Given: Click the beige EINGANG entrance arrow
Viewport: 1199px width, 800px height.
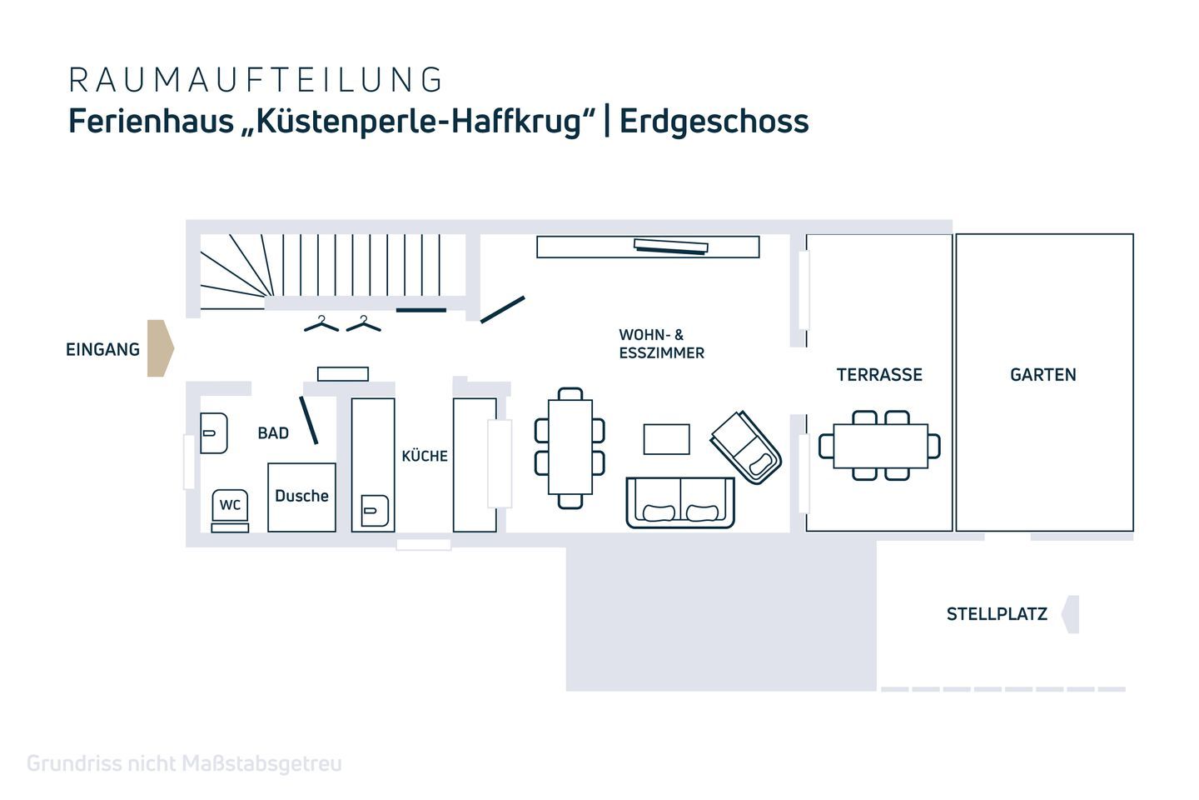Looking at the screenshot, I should click(160, 348).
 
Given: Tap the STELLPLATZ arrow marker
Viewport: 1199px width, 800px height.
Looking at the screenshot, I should click(1071, 614).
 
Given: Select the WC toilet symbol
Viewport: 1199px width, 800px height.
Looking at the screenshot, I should click(230, 505).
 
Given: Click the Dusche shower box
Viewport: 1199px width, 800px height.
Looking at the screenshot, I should click(301, 497).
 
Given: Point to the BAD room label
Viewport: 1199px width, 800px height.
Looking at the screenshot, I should click(273, 433).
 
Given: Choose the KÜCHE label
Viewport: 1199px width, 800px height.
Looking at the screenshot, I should click(425, 456).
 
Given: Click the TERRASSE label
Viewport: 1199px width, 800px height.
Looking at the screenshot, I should click(879, 375).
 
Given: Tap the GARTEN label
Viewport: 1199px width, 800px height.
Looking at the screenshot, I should click(1042, 375).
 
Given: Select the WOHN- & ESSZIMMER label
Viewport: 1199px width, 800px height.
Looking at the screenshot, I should click(661, 344).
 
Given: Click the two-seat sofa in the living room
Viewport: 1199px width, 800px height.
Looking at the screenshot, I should click(680, 502).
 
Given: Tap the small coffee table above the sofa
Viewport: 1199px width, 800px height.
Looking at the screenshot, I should click(666, 439).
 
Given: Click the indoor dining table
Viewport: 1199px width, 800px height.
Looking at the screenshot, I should click(570, 447).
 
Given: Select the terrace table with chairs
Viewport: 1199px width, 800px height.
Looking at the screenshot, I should click(880, 446).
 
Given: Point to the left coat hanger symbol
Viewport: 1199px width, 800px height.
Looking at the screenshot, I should click(321, 323).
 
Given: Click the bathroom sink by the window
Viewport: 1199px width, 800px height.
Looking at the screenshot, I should click(213, 433).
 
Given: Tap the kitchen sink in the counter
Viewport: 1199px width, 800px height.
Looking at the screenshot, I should click(374, 510).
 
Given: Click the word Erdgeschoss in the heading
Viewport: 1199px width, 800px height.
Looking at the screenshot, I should click(714, 121).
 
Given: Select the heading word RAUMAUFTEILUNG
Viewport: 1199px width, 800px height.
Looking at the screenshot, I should click(256, 80).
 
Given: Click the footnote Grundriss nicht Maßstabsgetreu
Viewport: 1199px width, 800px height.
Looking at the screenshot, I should click(184, 763).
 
